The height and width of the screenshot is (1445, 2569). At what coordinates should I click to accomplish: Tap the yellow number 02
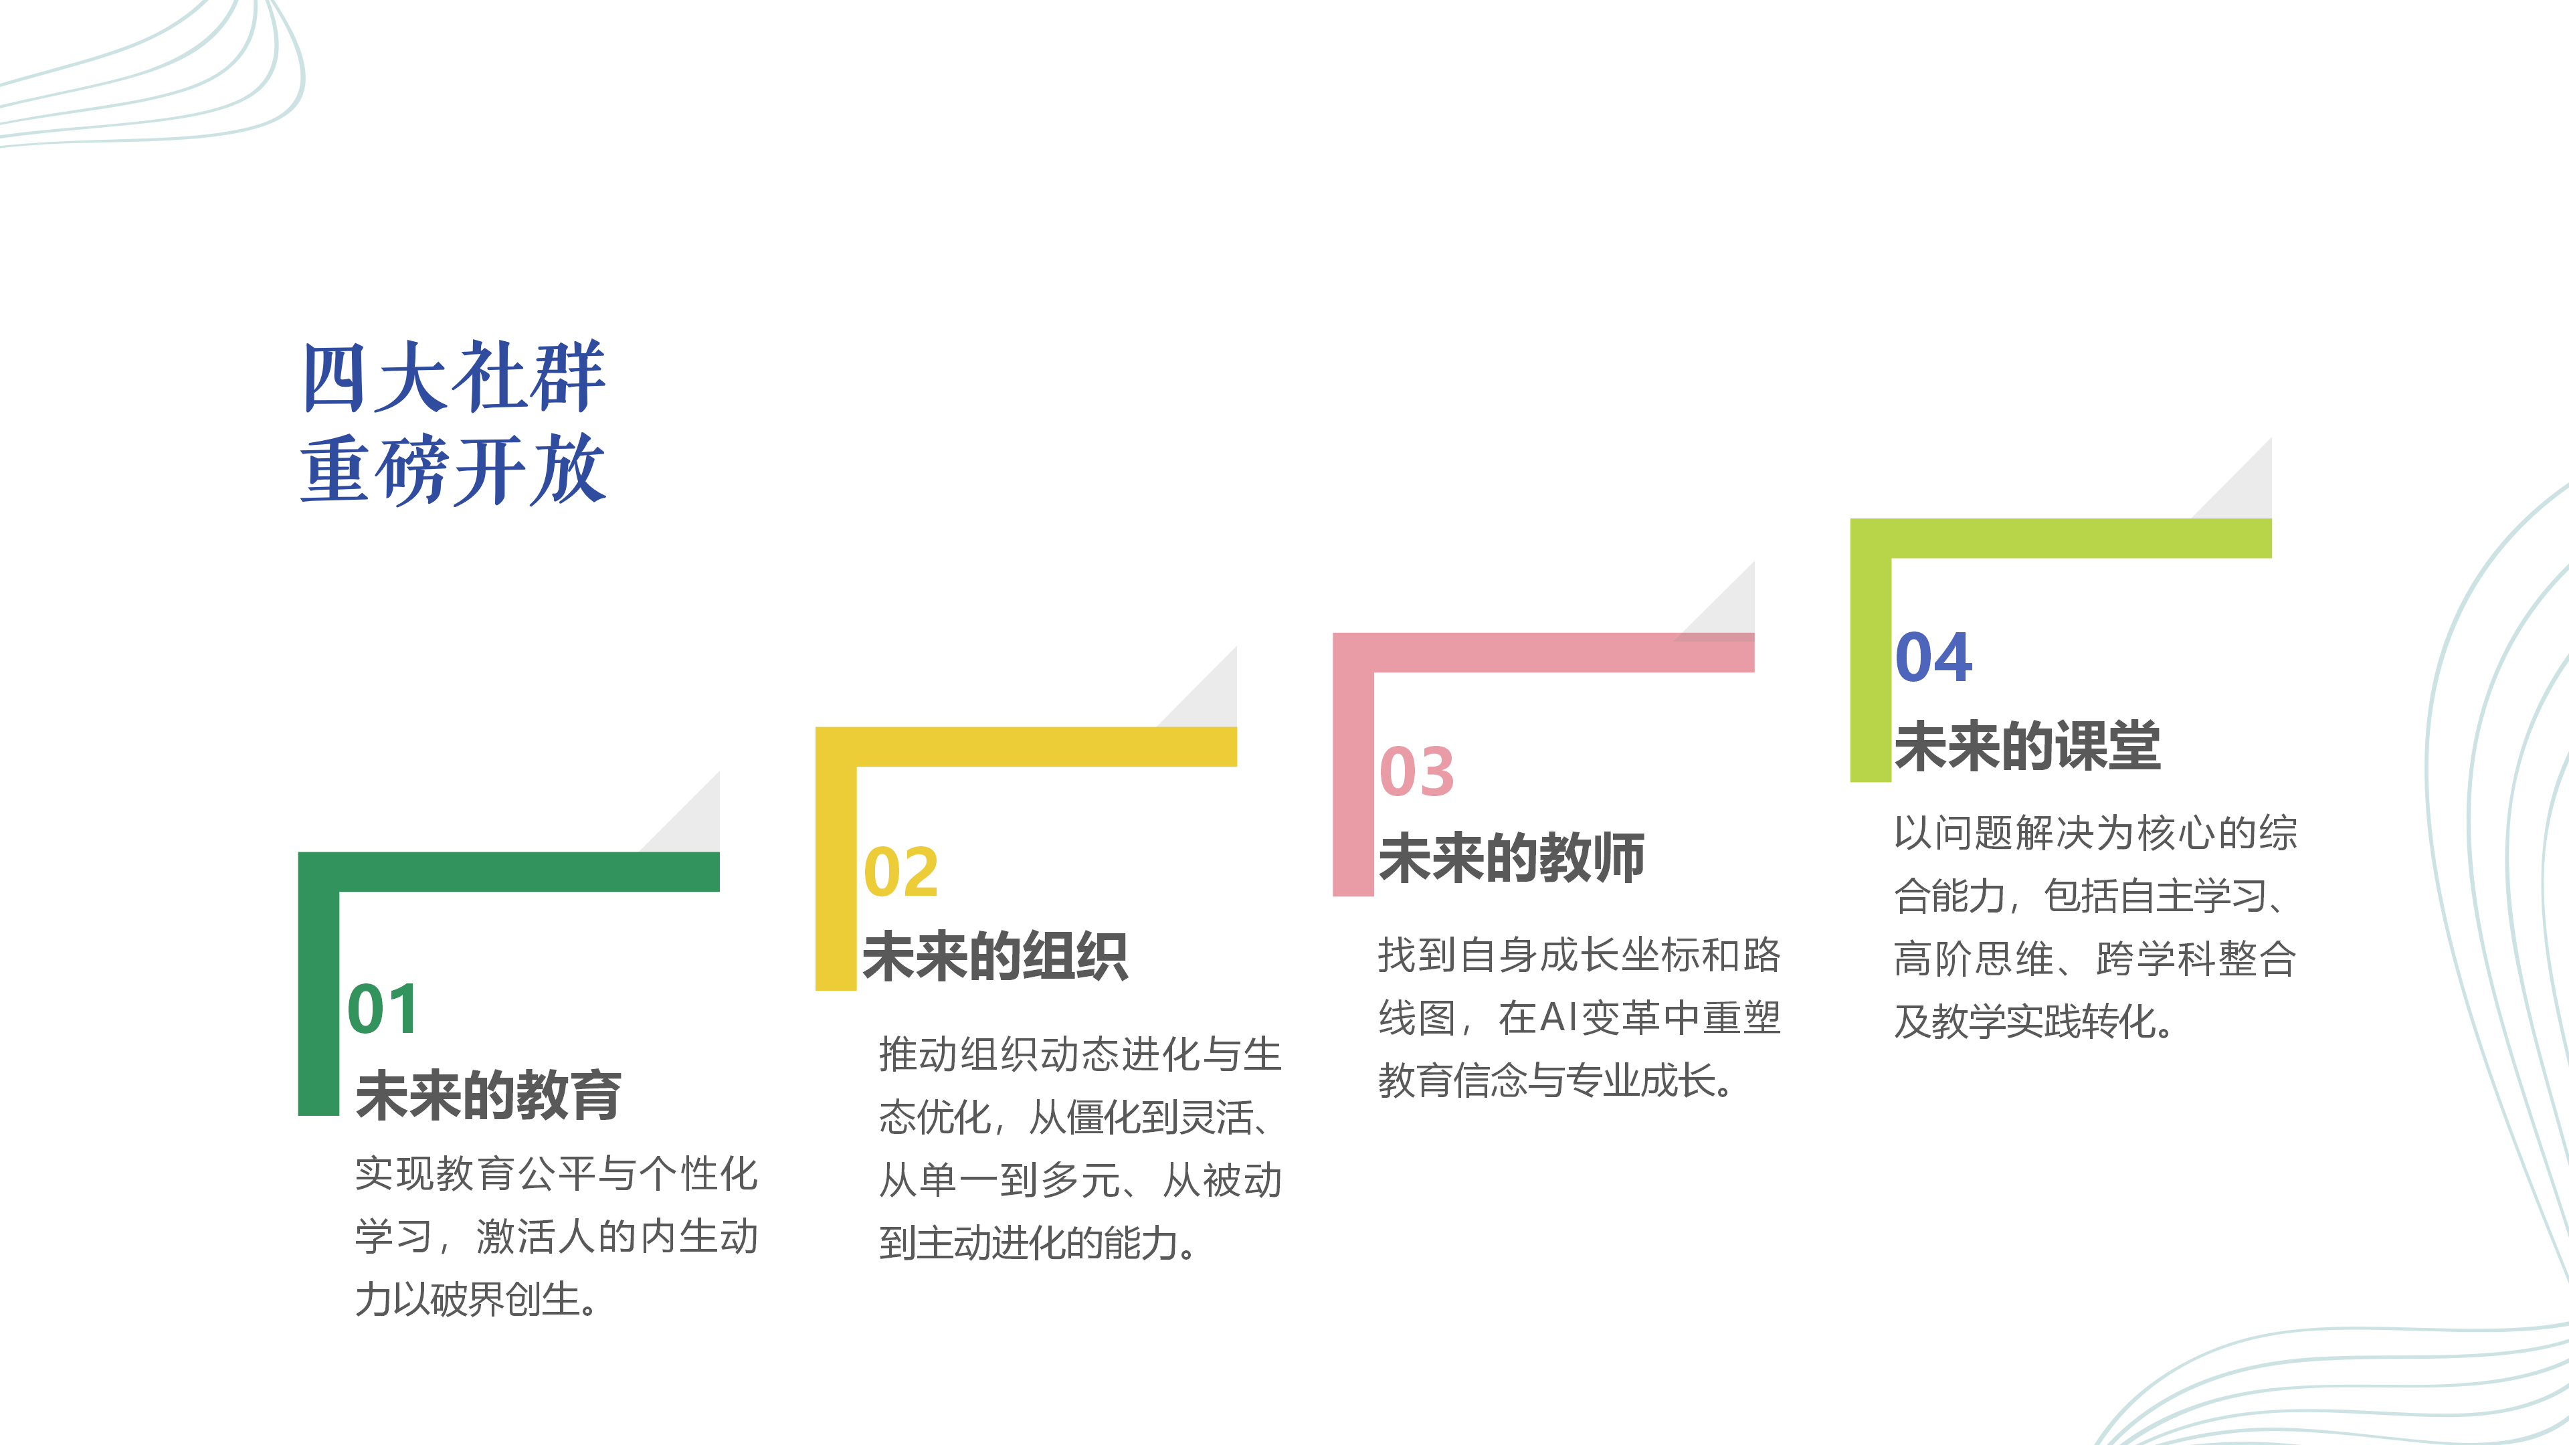[x=900, y=872]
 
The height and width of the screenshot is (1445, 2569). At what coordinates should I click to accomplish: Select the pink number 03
[x=1417, y=772]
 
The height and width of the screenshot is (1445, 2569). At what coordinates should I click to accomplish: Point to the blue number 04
[x=1933, y=657]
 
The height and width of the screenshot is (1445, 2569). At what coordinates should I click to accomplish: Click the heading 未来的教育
[x=488, y=1095]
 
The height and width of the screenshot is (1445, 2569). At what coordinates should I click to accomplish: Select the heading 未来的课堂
[x=2028, y=745]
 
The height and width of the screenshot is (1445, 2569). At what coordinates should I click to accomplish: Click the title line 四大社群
[x=454, y=376]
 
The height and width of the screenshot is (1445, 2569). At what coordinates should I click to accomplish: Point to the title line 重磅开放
[x=454, y=469]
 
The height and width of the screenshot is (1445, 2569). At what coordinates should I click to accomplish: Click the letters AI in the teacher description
[x=1559, y=1017]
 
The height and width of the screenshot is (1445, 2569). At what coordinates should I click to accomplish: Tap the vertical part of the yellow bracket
[x=836, y=878]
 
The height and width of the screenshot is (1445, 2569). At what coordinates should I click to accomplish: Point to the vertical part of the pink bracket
[x=1353, y=784]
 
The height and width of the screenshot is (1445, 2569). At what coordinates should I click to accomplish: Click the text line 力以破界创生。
[x=477, y=1298]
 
